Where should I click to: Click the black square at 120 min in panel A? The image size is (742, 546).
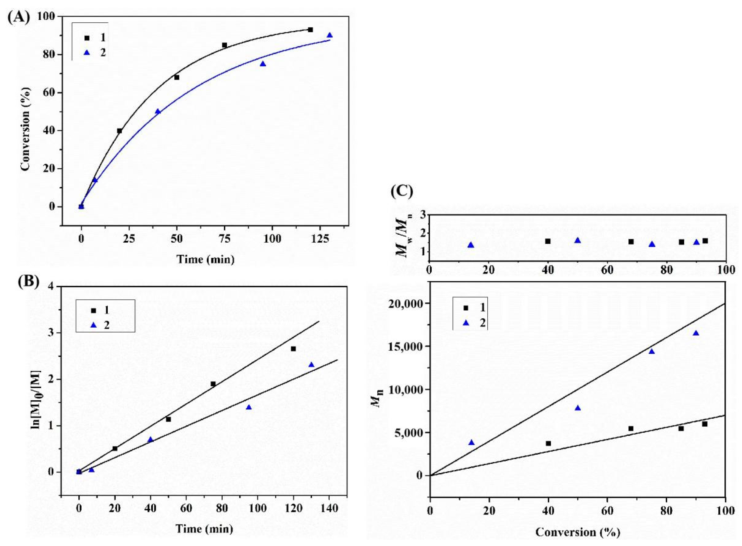[x=310, y=30]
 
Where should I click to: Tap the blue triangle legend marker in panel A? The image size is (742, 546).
[x=87, y=53]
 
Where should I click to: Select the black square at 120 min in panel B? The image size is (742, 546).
[x=293, y=349]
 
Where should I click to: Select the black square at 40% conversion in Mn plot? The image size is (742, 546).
[x=548, y=443]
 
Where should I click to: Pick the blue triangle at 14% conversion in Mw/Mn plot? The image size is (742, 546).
[x=471, y=245]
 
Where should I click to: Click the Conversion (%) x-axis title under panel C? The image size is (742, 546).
[x=578, y=532]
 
